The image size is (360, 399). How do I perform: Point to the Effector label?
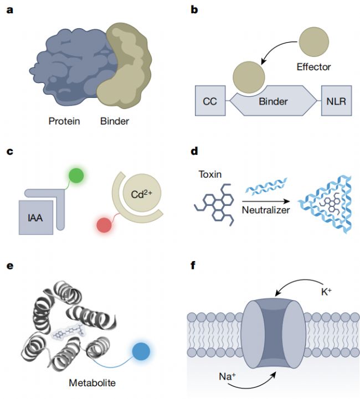pyautogui.click(x=330, y=67)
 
